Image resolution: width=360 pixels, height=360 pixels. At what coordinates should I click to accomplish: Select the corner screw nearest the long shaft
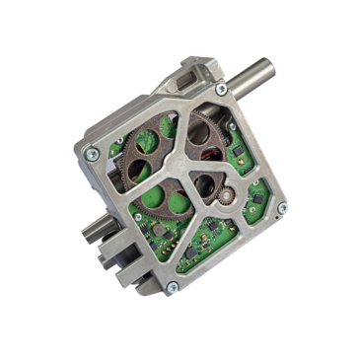(x=221, y=90)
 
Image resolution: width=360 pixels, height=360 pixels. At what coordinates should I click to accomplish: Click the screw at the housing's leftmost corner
(x=92, y=153)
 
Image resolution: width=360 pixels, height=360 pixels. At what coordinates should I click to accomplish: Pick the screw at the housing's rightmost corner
(x=281, y=207)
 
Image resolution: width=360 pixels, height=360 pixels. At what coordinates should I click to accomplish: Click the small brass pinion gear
(x=225, y=196)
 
